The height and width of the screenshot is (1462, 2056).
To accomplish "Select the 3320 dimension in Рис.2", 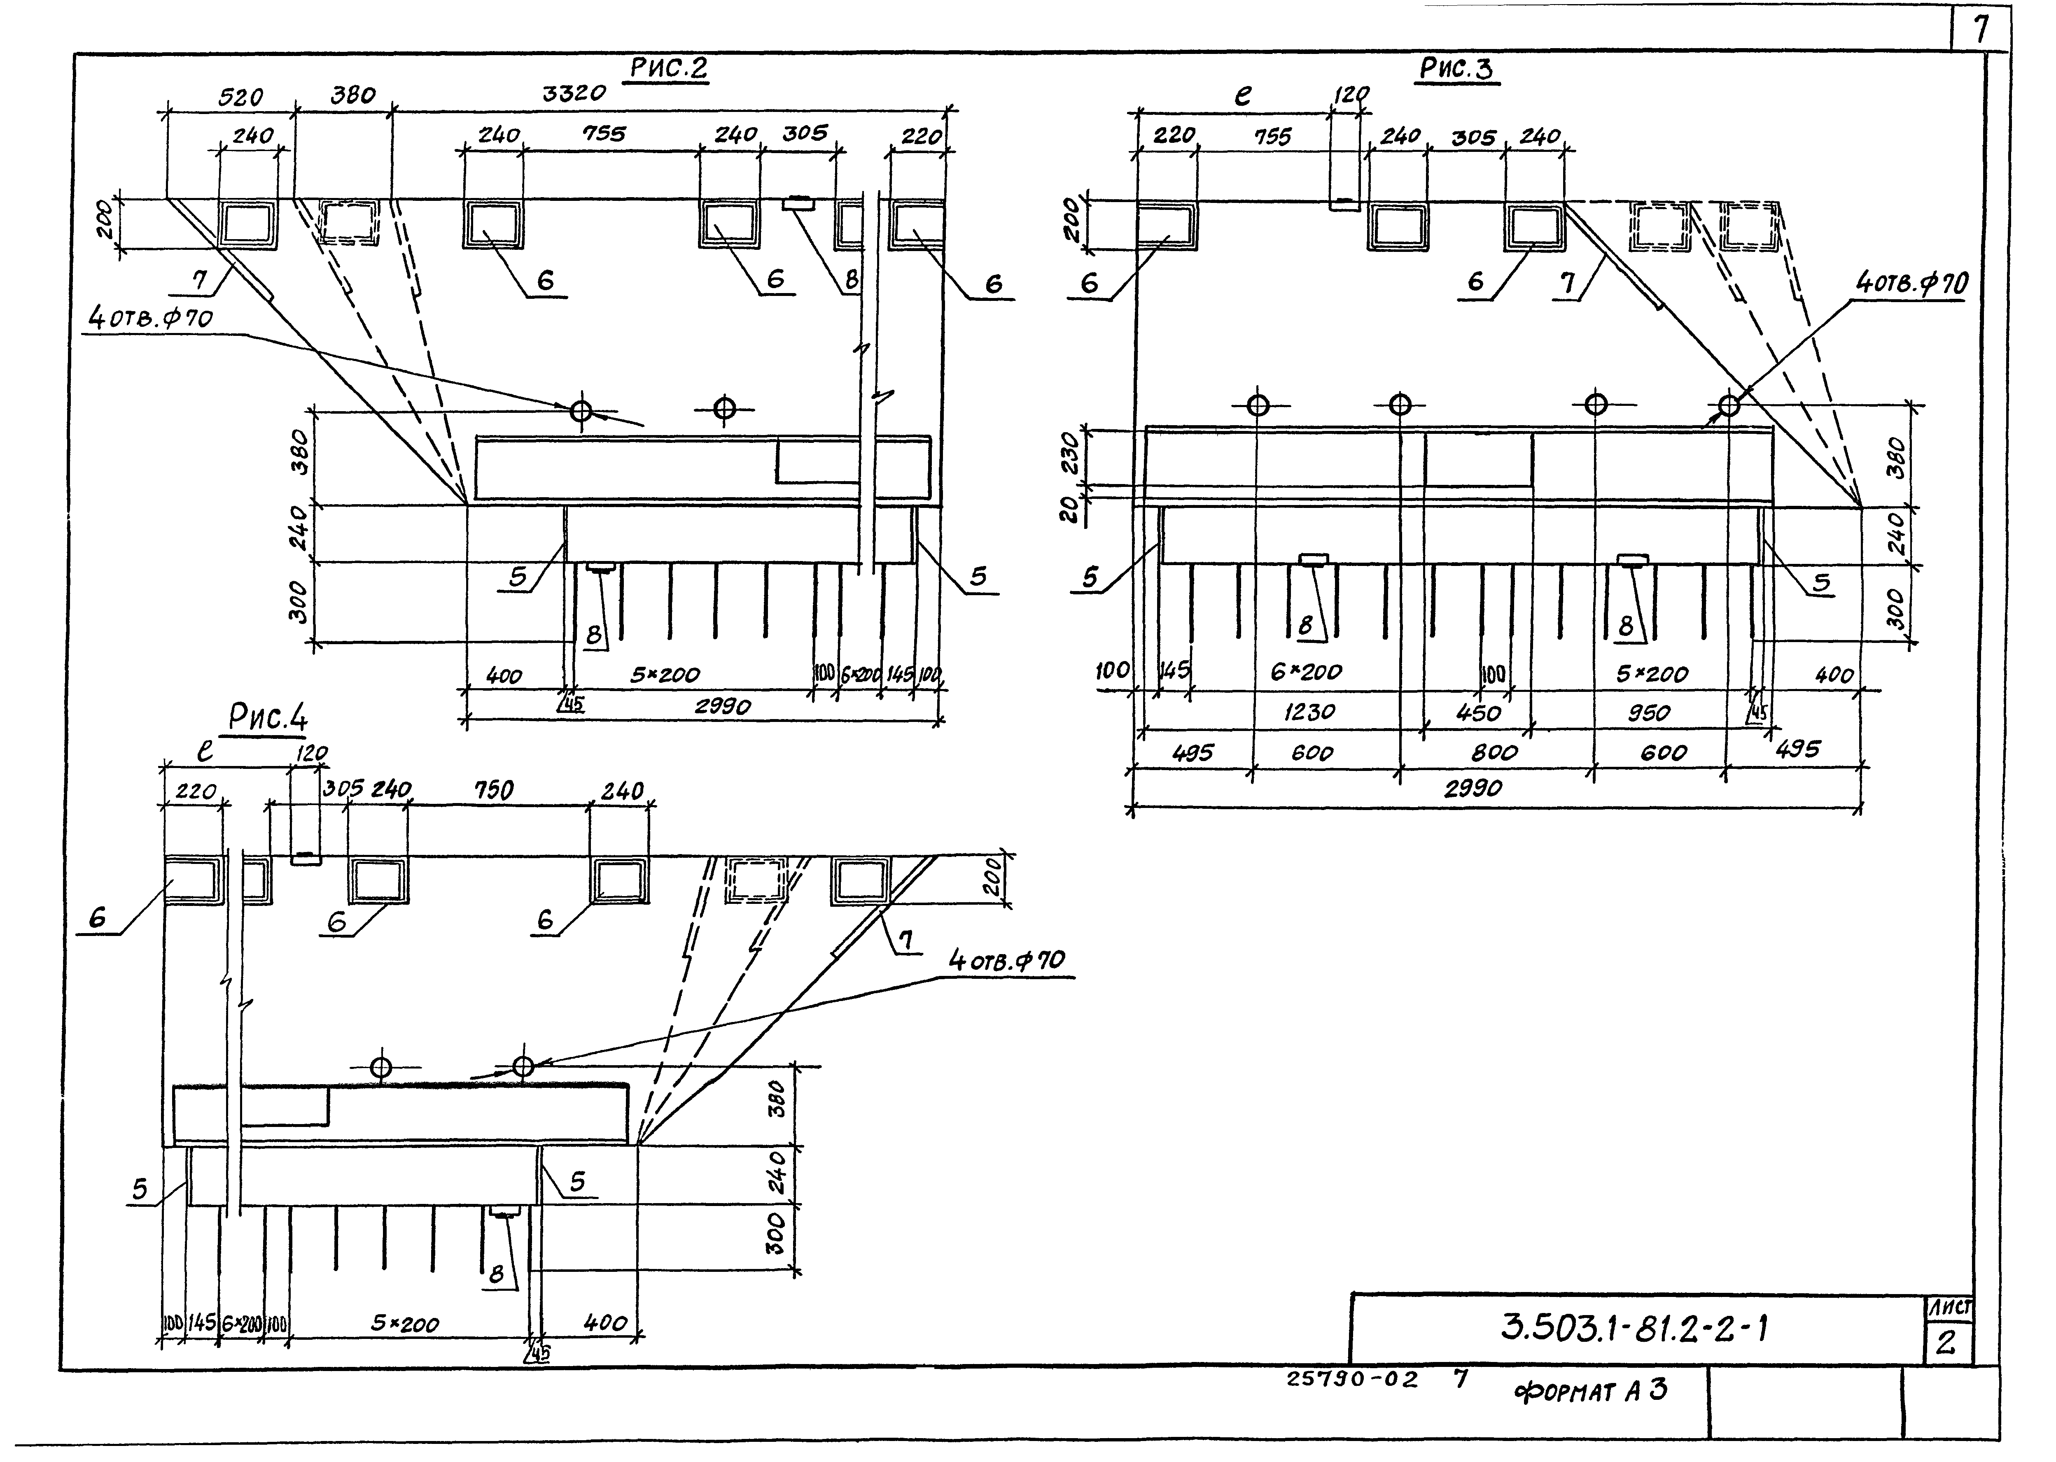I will [574, 93].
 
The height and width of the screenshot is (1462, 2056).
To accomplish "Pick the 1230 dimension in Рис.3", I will [1309, 712].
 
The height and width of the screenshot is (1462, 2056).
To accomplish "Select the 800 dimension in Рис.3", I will [1494, 752].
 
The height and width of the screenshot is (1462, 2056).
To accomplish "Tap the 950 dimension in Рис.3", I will [1648, 713].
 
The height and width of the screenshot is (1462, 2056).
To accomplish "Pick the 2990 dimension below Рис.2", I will [722, 707].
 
